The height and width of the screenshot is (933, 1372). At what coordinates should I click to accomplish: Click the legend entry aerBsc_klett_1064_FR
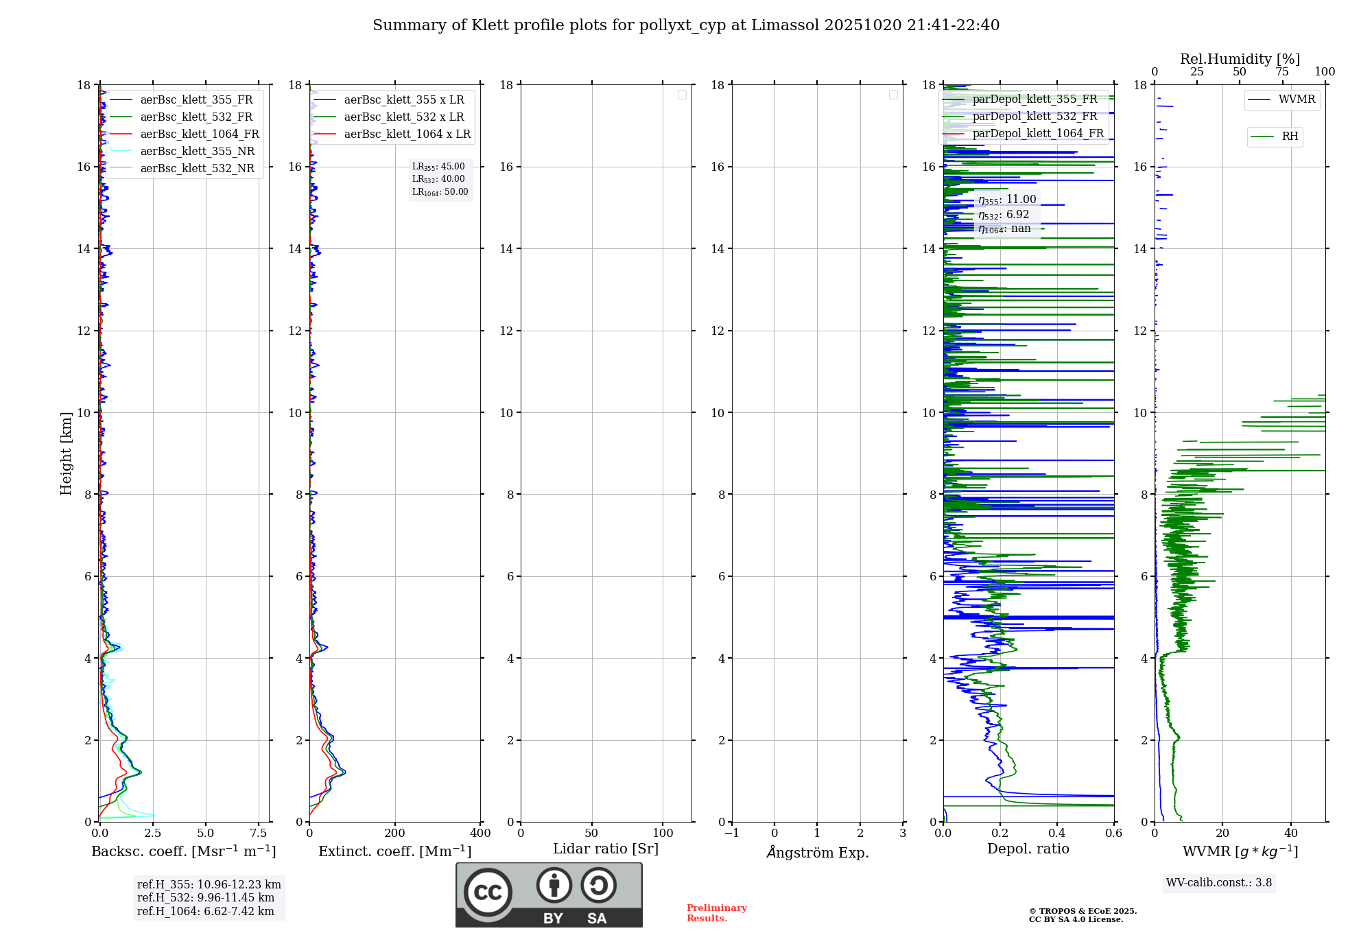click(200, 134)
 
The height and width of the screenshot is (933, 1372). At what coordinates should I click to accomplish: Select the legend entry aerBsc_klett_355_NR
click(197, 152)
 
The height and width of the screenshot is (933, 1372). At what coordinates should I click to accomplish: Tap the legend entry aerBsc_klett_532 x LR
click(403, 117)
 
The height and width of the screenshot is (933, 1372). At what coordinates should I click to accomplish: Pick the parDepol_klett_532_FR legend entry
click(1034, 117)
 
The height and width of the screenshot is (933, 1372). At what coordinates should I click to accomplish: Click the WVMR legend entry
click(1297, 99)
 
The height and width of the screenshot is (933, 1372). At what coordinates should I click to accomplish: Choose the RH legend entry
click(1290, 137)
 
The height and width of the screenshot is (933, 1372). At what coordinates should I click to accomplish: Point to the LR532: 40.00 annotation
click(438, 179)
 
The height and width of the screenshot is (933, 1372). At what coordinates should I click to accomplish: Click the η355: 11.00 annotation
click(1007, 200)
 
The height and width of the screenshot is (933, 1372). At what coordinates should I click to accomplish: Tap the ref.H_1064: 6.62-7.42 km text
click(205, 911)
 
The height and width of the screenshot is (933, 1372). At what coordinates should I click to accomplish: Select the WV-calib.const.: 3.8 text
click(1219, 883)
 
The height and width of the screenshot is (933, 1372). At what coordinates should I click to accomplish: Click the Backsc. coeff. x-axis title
click(184, 851)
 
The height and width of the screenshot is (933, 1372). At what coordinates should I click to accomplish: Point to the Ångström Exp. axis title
click(818, 853)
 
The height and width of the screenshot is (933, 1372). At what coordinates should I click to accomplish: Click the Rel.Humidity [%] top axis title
click(1240, 59)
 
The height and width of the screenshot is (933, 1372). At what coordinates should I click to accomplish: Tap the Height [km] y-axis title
click(66, 453)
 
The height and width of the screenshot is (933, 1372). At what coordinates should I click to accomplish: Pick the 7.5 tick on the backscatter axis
click(259, 834)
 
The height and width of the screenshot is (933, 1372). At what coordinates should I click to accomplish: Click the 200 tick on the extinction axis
click(395, 834)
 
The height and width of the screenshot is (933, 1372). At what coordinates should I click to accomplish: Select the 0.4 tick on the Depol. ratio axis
click(1057, 834)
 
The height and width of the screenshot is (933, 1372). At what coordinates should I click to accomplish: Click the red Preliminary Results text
click(716, 913)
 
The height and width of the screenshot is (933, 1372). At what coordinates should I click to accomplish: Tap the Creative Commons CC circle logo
click(488, 893)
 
